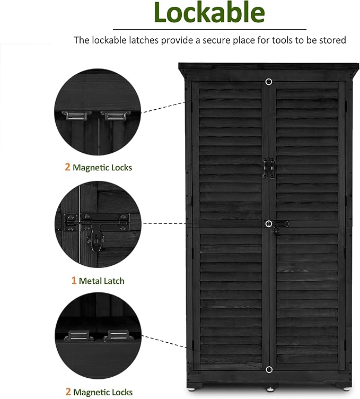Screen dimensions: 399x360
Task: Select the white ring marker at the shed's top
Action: click(x=269, y=82)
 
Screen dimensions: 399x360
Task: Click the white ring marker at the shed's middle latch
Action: click(x=269, y=223)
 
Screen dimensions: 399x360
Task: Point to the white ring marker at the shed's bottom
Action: click(x=269, y=369)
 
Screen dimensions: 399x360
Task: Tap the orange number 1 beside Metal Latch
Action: click(x=74, y=281)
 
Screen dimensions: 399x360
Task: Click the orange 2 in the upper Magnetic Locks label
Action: click(x=67, y=167)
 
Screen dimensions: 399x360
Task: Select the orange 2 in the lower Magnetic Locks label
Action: click(x=67, y=392)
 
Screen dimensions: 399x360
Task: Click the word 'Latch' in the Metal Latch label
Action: click(x=113, y=281)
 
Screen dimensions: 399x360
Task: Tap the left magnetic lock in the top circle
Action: click(x=77, y=115)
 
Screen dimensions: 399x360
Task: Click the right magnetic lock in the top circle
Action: click(x=112, y=115)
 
